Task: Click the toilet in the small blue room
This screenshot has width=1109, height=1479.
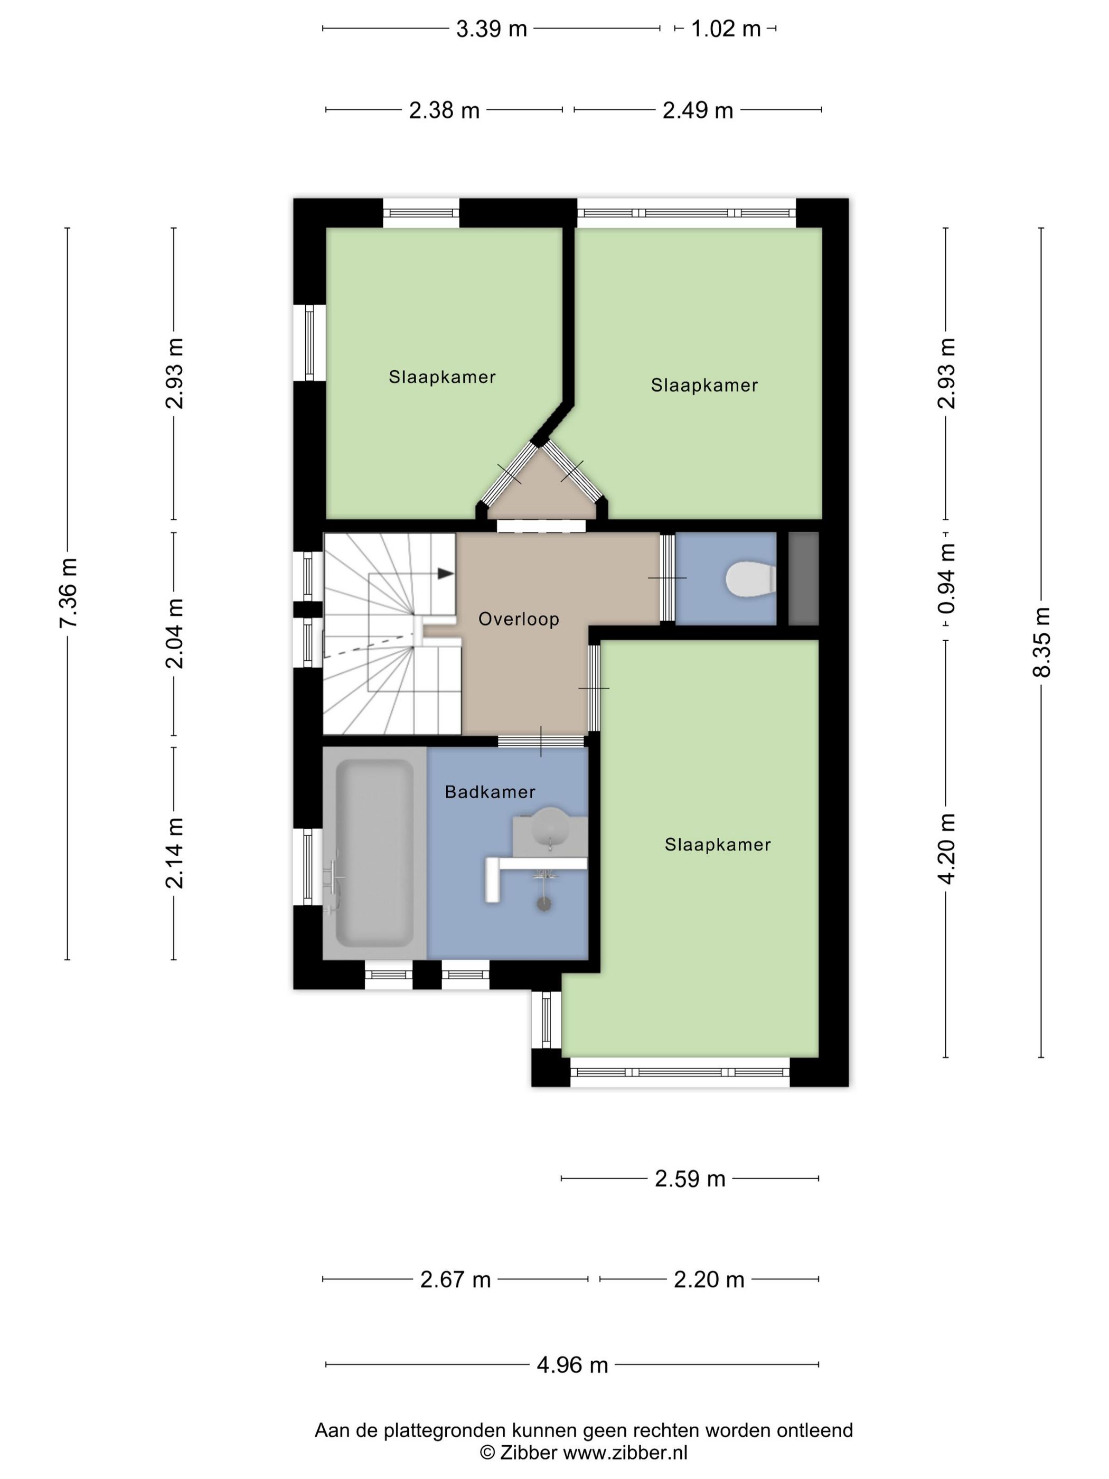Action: (751, 579)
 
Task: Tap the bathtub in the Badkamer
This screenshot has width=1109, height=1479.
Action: (374, 853)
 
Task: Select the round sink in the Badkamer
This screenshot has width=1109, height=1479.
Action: (551, 827)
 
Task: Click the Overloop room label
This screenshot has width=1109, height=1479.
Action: (519, 619)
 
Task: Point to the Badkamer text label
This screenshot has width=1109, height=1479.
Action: (490, 792)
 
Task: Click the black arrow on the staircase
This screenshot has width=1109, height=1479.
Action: (446, 574)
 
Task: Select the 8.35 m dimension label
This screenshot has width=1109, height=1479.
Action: (1042, 642)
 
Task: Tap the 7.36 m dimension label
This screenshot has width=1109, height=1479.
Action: (68, 593)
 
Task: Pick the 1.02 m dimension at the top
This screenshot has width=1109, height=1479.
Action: (725, 29)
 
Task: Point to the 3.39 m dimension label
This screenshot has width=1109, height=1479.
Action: (491, 29)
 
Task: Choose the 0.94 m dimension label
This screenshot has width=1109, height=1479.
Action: (946, 579)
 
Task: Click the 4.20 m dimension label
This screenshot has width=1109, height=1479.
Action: (946, 848)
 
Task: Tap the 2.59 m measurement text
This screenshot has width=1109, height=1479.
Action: (690, 1178)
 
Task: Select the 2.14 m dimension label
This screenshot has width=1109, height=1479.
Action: (174, 853)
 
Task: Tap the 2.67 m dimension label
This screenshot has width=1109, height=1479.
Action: (455, 1279)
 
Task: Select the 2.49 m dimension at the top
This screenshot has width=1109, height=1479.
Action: (698, 110)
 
